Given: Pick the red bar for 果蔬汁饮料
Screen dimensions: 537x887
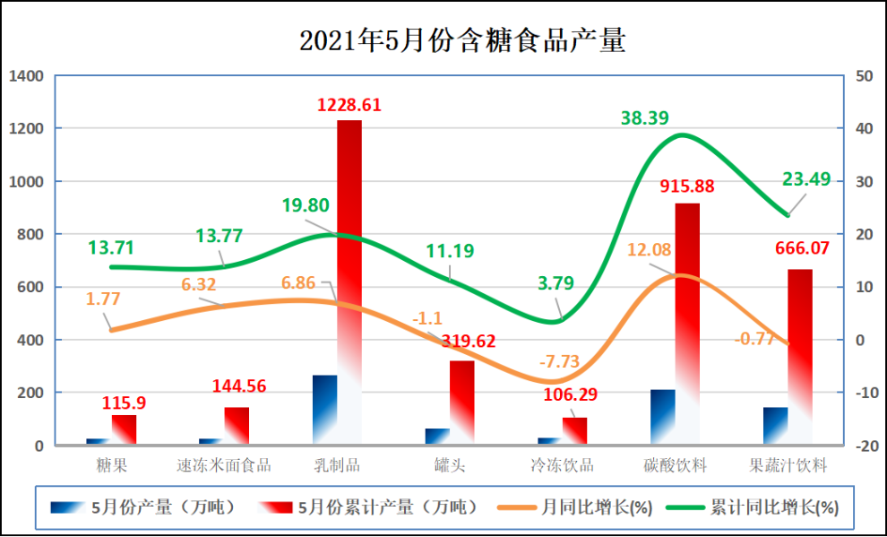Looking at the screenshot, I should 800,350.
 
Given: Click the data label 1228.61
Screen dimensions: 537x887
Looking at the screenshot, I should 349,105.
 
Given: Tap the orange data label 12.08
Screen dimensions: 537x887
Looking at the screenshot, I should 649,249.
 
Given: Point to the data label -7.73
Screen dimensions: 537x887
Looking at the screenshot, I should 559,362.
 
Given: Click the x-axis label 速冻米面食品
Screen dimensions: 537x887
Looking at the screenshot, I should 224,465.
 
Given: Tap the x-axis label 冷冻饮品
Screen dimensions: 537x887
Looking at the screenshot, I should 562,465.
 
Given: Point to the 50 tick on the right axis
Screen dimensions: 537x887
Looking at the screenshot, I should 865,76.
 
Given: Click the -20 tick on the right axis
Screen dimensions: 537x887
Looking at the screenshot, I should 865,446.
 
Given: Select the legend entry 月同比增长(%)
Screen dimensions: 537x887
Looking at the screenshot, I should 596,507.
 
